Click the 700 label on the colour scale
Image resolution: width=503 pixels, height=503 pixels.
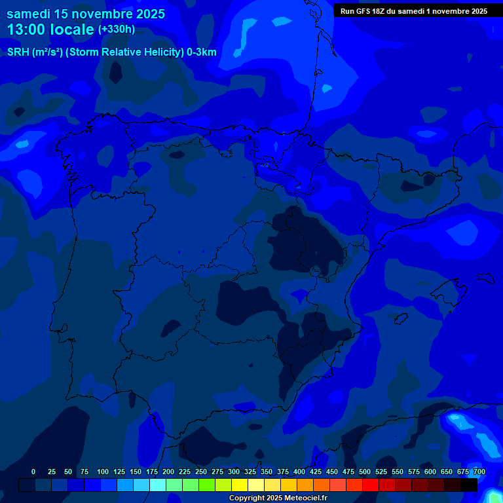tap(479, 472)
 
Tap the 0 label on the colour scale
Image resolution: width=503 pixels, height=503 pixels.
tap(33, 472)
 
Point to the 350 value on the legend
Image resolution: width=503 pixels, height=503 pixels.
tap(267, 472)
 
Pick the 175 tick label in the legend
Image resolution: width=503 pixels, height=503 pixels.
tap(152, 472)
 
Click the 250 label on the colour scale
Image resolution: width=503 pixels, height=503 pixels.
tap(201, 472)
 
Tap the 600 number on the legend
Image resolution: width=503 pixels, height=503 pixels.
tap(430, 472)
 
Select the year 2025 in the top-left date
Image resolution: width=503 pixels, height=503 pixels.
tap(147, 14)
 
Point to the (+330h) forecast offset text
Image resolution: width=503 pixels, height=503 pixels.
tap(116, 29)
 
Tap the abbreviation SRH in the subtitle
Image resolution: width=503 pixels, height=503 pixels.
tap(18, 52)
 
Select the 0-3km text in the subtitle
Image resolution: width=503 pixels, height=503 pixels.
tap(201, 52)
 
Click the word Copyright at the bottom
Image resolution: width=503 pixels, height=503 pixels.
tap(246, 498)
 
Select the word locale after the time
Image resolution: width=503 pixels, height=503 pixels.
tap(70, 29)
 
